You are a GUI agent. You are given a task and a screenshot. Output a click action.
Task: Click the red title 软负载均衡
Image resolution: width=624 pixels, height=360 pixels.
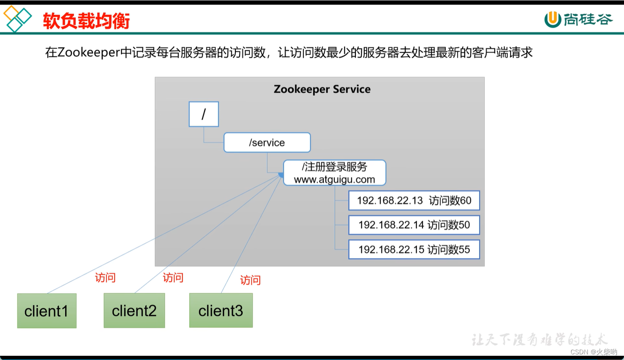(86, 21)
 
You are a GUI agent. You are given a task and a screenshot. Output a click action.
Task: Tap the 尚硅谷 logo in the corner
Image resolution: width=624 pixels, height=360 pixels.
(579, 19)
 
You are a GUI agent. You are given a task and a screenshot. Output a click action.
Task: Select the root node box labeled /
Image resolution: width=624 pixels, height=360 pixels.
(203, 114)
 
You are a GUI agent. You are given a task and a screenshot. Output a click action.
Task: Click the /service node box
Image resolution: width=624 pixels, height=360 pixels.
(267, 142)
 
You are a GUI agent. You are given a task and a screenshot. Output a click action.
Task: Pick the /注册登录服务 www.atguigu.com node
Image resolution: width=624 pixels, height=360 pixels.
(334, 173)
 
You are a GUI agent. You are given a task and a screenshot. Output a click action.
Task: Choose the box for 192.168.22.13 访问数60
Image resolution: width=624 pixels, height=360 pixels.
(414, 201)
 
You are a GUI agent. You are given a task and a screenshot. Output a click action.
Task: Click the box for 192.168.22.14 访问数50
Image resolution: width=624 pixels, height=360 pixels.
(414, 225)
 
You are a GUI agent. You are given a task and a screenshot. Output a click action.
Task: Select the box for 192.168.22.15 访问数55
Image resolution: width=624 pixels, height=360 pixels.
(414, 249)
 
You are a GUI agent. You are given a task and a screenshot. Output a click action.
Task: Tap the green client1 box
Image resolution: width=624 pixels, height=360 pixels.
(46, 310)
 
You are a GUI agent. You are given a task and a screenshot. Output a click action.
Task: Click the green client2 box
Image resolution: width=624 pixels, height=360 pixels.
(134, 310)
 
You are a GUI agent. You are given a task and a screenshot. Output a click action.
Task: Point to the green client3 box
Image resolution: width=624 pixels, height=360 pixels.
(221, 310)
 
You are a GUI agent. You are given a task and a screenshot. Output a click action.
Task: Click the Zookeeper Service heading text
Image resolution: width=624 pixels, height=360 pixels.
(322, 89)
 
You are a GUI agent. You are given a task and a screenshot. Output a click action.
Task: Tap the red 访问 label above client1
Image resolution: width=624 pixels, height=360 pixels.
(105, 277)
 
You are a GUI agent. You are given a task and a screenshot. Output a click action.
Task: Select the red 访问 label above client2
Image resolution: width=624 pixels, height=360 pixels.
(173, 277)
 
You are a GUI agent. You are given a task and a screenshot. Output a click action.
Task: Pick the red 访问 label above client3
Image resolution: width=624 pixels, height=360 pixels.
(250, 280)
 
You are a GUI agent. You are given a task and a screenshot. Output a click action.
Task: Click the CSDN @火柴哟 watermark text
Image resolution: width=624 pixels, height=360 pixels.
(594, 352)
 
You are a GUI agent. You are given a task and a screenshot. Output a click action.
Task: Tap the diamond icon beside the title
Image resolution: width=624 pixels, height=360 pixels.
(17, 19)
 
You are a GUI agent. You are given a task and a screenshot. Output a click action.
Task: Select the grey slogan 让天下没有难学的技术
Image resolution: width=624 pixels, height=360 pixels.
(539, 339)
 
